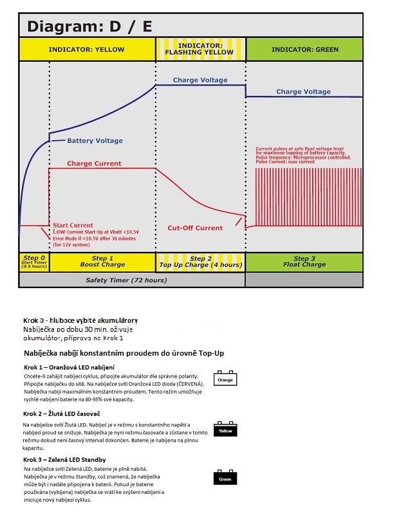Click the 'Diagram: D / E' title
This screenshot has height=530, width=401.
point(89,26)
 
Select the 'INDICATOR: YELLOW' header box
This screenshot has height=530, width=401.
point(87,50)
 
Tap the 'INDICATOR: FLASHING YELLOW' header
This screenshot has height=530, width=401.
point(201,50)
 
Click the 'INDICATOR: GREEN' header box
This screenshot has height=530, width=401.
point(304,50)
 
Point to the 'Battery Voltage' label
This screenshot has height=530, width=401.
point(95,141)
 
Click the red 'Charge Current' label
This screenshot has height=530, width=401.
point(94,163)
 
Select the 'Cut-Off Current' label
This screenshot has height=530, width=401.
point(195,228)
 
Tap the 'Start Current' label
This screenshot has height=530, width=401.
point(73,224)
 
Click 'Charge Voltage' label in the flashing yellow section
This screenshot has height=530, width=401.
point(200,80)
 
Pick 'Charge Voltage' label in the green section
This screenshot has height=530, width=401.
point(303,92)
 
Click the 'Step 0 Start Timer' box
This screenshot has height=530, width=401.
point(34,262)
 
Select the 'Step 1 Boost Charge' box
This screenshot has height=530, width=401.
point(102,262)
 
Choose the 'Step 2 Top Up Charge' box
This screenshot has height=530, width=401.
point(201,262)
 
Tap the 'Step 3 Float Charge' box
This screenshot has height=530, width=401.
point(304,262)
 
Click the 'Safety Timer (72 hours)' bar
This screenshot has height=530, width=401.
point(127,280)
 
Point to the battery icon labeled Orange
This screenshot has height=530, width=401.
point(225,379)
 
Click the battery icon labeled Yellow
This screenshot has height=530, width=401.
point(225,429)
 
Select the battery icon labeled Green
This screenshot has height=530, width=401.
point(225,478)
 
